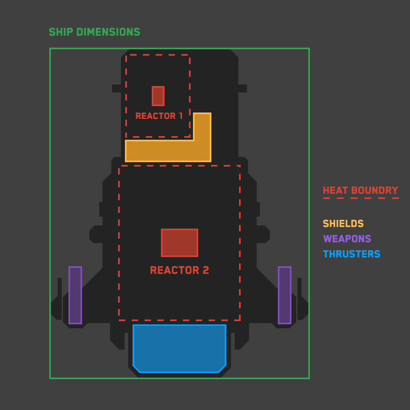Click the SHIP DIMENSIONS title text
94,32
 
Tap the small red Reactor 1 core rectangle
158,96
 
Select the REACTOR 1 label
159,116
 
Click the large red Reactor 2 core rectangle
179,243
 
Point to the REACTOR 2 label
179,270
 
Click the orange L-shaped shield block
168,151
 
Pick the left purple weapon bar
75,295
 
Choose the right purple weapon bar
285,295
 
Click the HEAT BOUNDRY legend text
360,191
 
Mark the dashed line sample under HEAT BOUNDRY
360,198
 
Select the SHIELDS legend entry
343,224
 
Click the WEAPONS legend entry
347,239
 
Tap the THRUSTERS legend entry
352,254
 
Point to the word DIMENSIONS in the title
108,32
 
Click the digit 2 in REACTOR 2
206,270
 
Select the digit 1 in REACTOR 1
181,116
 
